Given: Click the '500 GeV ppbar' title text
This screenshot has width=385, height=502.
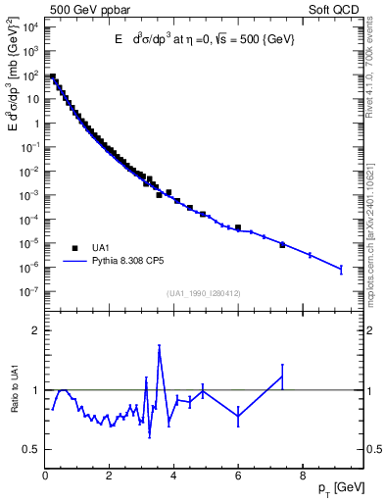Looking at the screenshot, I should pos(79,9).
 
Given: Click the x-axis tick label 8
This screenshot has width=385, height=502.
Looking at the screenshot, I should pos(303,477).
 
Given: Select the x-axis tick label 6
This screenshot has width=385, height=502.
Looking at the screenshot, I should pos(238,477).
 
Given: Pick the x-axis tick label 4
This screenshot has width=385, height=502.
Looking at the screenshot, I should pos(174,477).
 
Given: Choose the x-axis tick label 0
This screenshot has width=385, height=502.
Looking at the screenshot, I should pos(46,477).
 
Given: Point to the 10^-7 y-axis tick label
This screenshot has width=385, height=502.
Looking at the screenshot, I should pos(29,291).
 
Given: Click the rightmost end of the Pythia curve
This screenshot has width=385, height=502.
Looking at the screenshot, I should pos(341,269).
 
